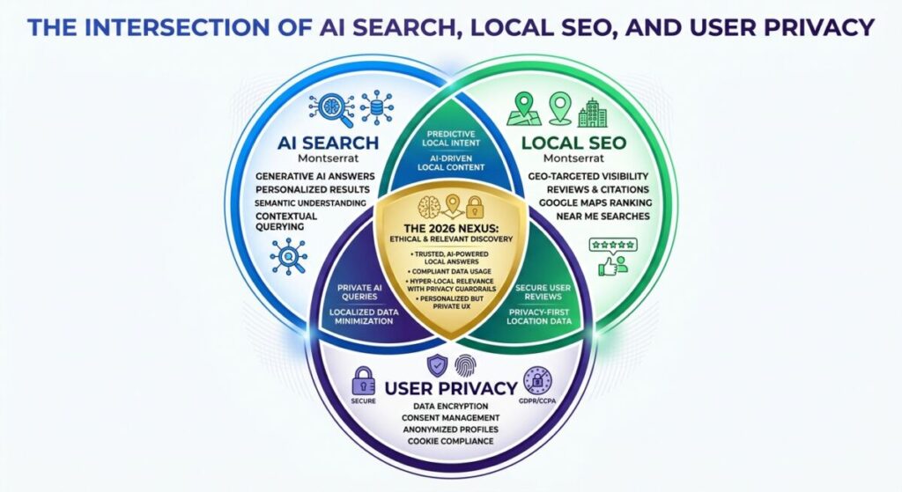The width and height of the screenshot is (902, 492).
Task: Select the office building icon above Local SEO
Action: click(x=591, y=112)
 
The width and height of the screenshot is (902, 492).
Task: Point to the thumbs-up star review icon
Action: click(x=614, y=254)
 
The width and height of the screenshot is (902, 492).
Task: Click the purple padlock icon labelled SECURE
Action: click(x=363, y=381)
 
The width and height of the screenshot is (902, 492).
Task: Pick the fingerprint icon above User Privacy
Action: click(x=463, y=365)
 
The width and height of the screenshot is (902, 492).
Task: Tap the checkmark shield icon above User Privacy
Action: click(x=437, y=365)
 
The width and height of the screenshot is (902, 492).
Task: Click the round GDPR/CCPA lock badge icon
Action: click(x=537, y=381)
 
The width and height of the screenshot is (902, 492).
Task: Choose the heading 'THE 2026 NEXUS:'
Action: click(x=450, y=227)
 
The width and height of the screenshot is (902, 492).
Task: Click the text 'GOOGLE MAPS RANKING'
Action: click(x=588, y=202)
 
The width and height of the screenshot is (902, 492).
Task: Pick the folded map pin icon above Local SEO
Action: click(x=521, y=111)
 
